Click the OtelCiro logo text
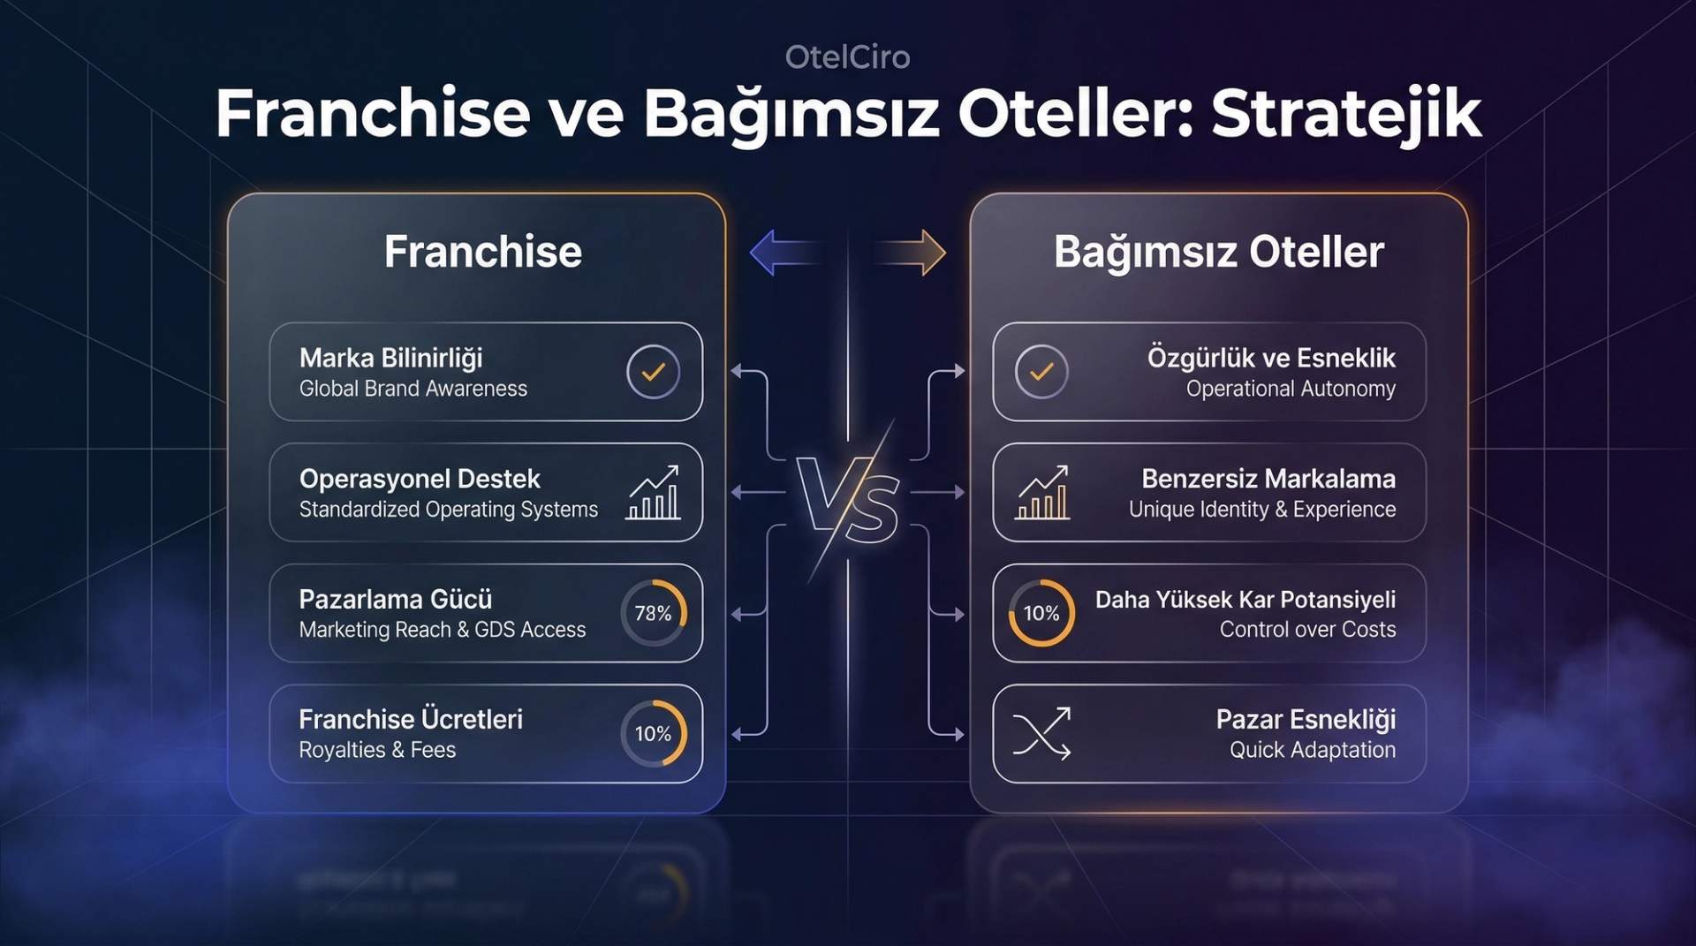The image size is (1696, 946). pos(847,57)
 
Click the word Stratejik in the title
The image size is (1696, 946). pos(1345,114)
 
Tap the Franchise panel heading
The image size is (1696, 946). pos(482,252)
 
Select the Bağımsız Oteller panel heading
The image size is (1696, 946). pos(1218,252)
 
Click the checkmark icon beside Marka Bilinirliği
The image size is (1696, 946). pos(653,372)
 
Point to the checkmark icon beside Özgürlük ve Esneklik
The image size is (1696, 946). pos(1041,372)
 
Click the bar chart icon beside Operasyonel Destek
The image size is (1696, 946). pos(654,492)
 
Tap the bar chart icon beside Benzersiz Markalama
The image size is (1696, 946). pos(1042,492)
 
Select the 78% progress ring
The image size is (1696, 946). pos(653,613)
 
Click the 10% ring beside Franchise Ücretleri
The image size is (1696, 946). pos(653,733)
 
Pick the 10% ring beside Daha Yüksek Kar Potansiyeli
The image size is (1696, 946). pos(1041,613)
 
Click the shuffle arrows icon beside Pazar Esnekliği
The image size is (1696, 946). pos(1041,733)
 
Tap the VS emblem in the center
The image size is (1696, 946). pos(847,501)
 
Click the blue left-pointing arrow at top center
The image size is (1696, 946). pos(782,253)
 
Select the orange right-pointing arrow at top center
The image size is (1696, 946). pos(914,253)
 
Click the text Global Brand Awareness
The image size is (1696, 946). pos(413,389)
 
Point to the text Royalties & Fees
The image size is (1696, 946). pos(377,750)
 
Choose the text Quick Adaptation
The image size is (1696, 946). pos(1312,750)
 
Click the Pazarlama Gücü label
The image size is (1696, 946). pos(395,599)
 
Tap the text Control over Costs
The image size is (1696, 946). pos(1307,630)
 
